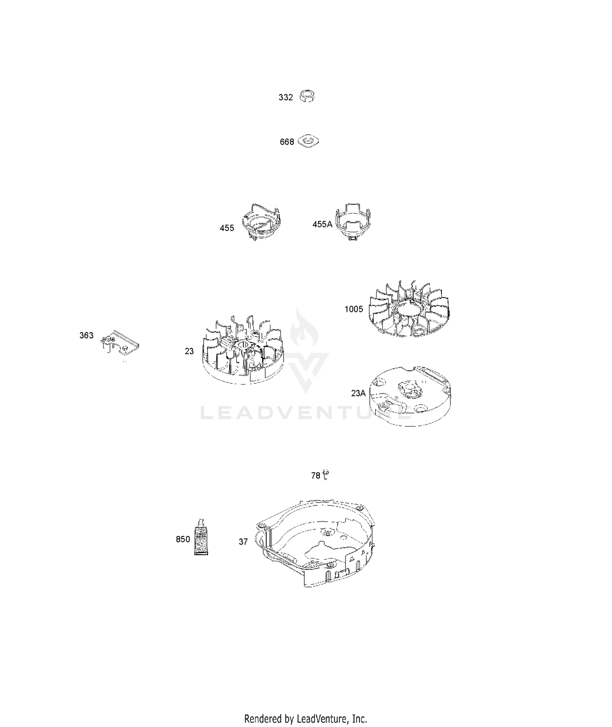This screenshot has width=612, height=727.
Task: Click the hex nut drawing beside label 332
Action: [307, 96]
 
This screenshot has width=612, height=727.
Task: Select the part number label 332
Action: [286, 98]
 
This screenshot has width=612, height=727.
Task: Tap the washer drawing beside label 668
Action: [308, 141]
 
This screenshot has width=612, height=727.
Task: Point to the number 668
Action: [287, 142]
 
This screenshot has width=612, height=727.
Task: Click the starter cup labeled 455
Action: [261, 222]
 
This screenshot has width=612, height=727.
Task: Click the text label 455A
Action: [322, 224]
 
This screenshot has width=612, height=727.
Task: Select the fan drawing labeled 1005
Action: [410, 309]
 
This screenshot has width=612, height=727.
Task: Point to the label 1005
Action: [354, 309]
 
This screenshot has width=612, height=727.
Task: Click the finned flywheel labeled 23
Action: [242, 350]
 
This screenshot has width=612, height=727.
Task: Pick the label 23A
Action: [358, 393]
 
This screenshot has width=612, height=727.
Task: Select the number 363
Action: [86, 336]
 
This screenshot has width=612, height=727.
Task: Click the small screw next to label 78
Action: [326, 475]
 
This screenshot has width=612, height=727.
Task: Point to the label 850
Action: [183, 540]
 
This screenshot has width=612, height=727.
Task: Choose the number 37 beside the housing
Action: [243, 542]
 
